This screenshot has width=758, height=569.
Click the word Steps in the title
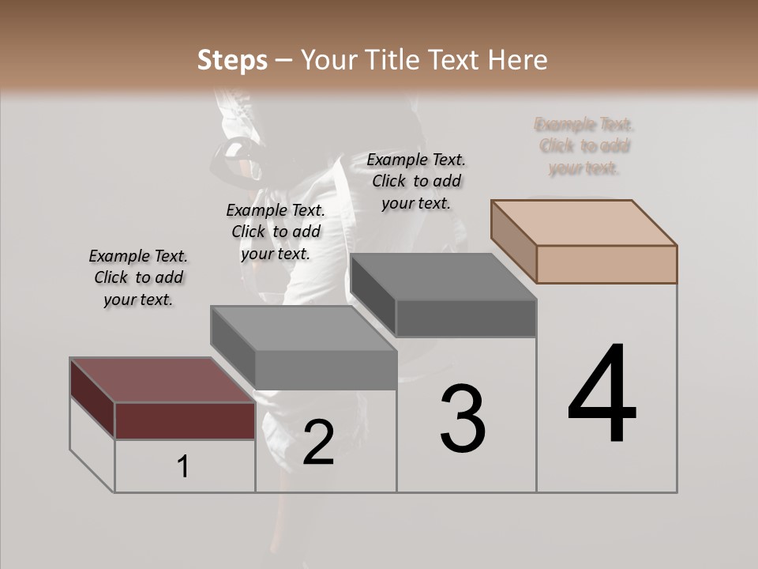(x=232, y=60)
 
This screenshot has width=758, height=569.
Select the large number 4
(x=602, y=395)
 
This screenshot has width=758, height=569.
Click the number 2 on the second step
(x=318, y=443)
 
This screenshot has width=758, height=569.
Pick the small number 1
(x=183, y=467)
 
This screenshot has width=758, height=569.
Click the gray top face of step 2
(x=304, y=328)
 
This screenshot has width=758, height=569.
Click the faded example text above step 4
(x=584, y=146)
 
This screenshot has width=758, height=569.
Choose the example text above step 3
(x=416, y=181)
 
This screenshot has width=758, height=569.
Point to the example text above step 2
(x=276, y=232)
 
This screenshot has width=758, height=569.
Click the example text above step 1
(x=138, y=277)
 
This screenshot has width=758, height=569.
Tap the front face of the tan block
(x=606, y=264)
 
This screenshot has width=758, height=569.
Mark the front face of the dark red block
(x=185, y=420)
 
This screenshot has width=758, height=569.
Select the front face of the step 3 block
(x=466, y=318)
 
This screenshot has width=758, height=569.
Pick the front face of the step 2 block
(x=325, y=370)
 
